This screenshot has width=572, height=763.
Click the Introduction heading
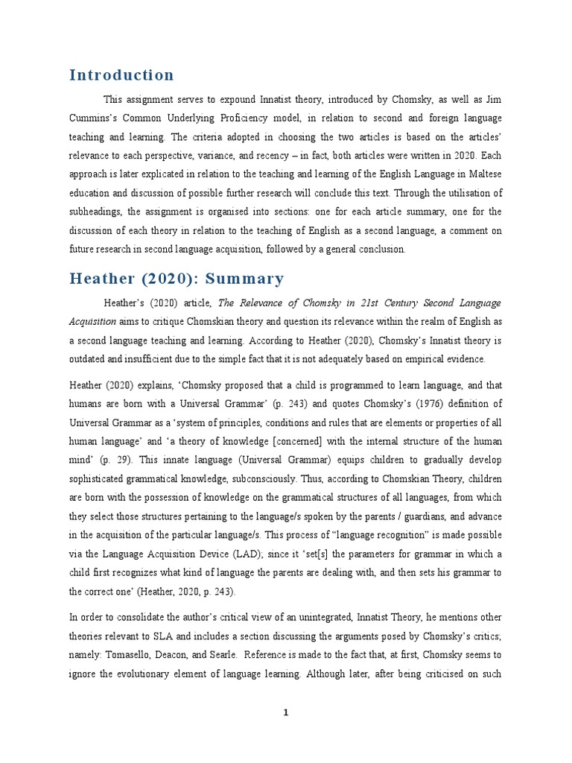click(121, 75)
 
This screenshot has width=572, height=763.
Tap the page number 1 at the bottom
click(285, 712)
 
